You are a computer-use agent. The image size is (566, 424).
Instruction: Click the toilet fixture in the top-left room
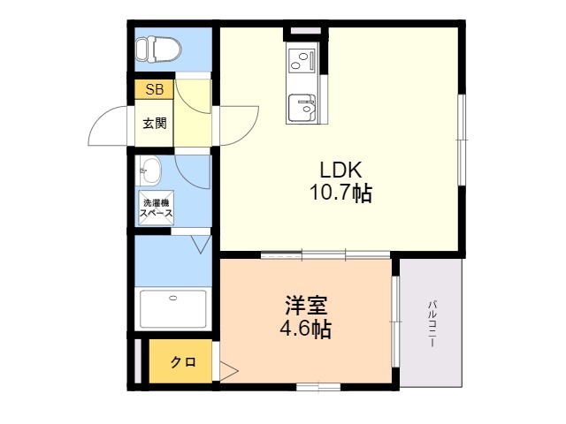coord(158,49)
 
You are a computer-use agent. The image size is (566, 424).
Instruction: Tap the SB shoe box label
coord(154,89)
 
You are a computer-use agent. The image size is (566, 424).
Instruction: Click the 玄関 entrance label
coord(155,124)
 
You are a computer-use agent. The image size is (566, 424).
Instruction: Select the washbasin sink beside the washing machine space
coord(149,170)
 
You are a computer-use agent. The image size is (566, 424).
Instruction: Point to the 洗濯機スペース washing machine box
coord(157,208)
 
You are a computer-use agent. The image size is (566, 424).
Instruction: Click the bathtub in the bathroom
coord(173,308)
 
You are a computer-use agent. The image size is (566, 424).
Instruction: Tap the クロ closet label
coord(183,361)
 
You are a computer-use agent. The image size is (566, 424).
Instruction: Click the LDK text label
coord(340,170)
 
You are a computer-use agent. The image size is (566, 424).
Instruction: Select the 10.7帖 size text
coord(340,193)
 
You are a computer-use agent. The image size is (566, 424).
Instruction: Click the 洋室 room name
coord(306,305)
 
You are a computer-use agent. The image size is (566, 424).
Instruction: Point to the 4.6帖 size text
coord(306,329)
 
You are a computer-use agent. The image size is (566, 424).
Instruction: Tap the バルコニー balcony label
coord(432,323)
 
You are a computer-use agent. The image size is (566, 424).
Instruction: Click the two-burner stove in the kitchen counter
coord(302,60)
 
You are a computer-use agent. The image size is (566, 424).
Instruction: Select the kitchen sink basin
coord(302,108)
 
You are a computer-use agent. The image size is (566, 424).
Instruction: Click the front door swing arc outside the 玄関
coord(106,125)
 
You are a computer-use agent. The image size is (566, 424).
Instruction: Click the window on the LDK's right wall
coord(462,140)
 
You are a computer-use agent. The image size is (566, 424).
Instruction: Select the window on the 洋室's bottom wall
coord(318,387)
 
